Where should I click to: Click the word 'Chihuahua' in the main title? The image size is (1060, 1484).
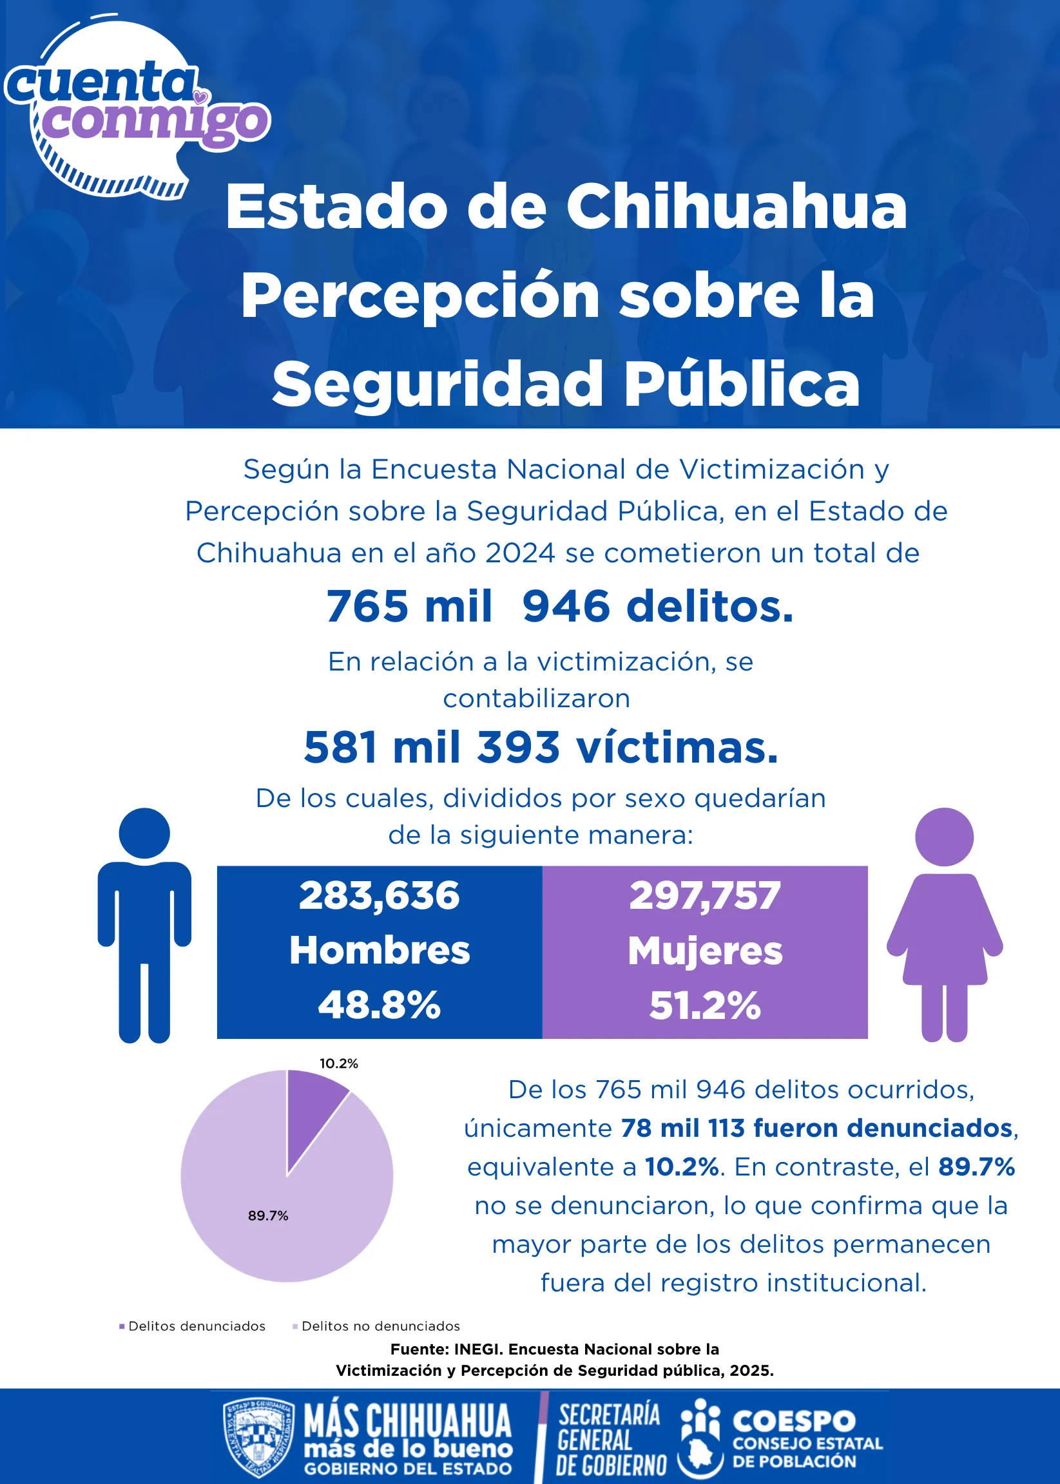pos(737,207)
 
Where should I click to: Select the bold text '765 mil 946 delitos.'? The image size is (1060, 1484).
pos(560,606)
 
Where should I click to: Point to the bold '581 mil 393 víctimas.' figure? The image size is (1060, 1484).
pos(541,747)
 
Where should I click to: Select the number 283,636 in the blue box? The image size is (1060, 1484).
pos(380,895)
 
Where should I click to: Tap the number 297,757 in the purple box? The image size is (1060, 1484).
pos(705,895)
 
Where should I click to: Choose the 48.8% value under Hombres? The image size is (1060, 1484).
pos(380,1005)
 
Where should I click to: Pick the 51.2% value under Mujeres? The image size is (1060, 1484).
pos(705,1005)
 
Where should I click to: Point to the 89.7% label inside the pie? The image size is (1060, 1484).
pos(267,1215)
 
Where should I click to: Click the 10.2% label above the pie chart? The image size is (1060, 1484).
pos(339,1063)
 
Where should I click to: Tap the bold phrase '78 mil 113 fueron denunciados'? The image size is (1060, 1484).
pos(816,1128)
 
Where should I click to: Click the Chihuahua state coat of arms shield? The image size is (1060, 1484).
pos(258,1438)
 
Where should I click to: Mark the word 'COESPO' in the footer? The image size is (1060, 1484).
pos(794,1421)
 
